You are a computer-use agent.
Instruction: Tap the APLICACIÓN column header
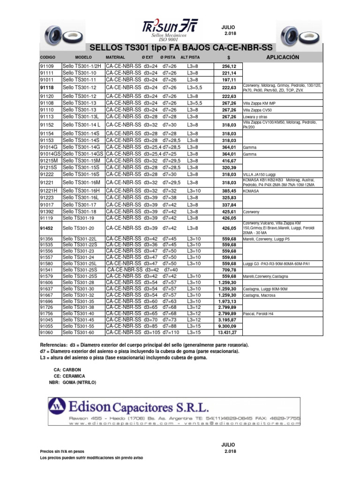282,57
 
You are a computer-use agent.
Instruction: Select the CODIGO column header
48,57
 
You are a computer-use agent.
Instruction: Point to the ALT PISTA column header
194,57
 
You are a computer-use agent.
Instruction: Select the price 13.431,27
227,332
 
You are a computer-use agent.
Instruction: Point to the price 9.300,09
227,326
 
